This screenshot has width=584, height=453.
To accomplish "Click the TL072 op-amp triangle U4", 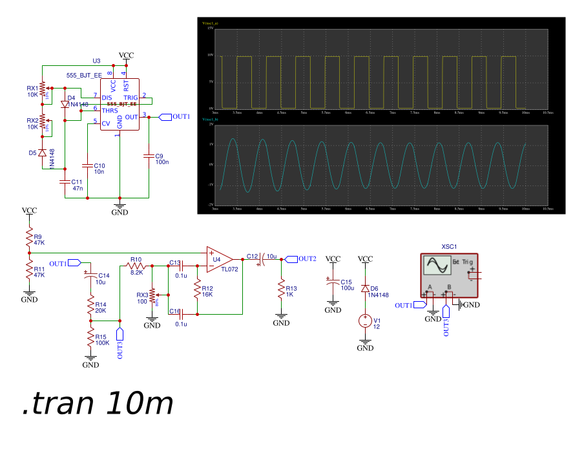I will pyautogui.click(x=218, y=259).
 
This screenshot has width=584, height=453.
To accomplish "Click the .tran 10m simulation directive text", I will pyautogui.click(x=98, y=404).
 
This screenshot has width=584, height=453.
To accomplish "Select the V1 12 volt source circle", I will pyautogui.click(x=365, y=321).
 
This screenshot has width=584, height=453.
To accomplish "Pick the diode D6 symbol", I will pyautogui.click(x=365, y=288).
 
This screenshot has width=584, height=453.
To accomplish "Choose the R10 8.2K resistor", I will pyautogui.click(x=136, y=266).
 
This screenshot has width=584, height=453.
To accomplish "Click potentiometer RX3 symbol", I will pyautogui.click(x=152, y=297).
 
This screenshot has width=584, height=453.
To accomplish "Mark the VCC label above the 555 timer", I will pyautogui.click(x=127, y=56).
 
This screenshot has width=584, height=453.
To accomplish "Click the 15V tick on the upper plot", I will pyautogui.click(x=210, y=29).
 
